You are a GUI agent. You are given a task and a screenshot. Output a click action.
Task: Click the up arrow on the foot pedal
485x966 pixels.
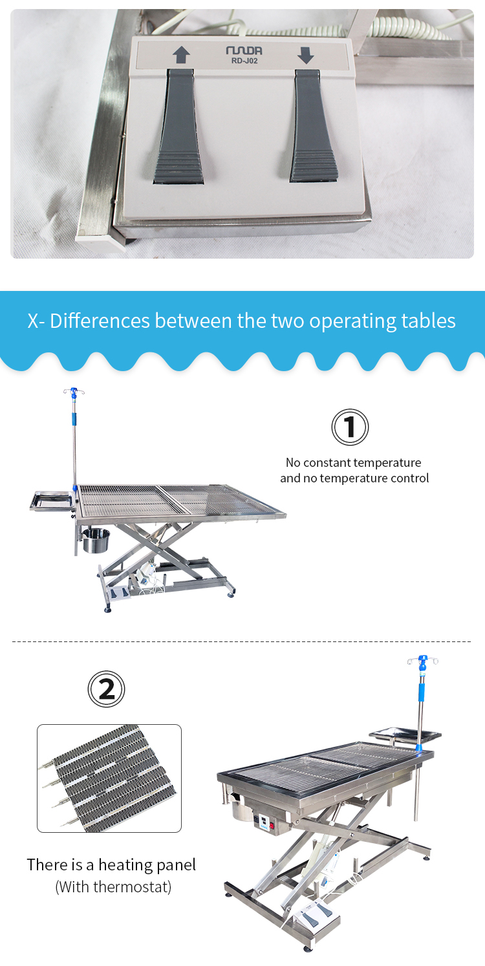pos(181,55)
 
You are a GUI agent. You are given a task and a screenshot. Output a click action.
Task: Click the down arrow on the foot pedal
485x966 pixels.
pos(305,55)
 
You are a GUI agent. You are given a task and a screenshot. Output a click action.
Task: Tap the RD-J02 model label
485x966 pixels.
pos(244,61)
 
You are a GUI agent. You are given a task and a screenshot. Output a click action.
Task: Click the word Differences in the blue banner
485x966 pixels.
pos(100,321)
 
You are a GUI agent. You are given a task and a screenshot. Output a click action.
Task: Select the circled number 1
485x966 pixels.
pos(350,427)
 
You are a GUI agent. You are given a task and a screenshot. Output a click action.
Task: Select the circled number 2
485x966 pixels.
pos(106,689)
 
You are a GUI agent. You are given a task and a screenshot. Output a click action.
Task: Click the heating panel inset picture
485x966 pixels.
pos(109,778)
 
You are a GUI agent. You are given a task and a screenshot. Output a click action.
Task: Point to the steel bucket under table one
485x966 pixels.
pos(96,541)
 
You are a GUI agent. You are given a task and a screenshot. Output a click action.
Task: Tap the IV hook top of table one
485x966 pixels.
pos(74,392)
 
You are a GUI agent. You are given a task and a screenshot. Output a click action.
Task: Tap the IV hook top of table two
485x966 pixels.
pos(423,661)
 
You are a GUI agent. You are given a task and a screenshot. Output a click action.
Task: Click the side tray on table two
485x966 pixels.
pos(405,735)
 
